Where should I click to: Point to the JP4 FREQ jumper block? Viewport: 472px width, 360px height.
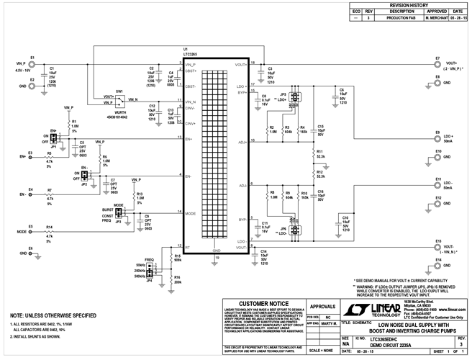[x=149, y=269]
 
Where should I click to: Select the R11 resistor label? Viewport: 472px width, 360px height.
[x=319, y=151]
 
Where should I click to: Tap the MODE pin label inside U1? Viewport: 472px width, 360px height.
[x=191, y=213]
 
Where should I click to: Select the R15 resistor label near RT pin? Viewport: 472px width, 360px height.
[x=178, y=255]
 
